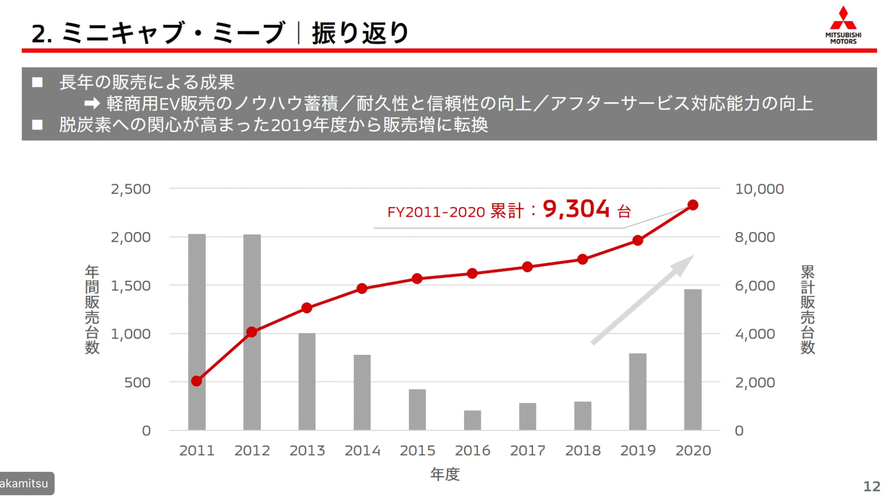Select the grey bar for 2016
tap(472, 420)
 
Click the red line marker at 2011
tap(196, 381)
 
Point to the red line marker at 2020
tap(692, 205)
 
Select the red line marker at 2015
tap(417, 279)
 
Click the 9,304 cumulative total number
tap(576, 209)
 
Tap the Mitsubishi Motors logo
tap(843, 25)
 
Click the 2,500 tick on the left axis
tap(131, 189)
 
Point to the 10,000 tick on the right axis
tap(759, 189)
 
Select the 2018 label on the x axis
tap(582, 450)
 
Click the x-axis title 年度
tap(445, 474)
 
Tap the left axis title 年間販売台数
tap(92, 310)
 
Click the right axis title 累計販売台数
tap(807, 310)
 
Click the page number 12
tap(872, 486)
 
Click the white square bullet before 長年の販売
tap(37, 82)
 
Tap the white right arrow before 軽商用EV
tap(92, 103)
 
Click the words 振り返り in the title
tap(360, 33)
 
